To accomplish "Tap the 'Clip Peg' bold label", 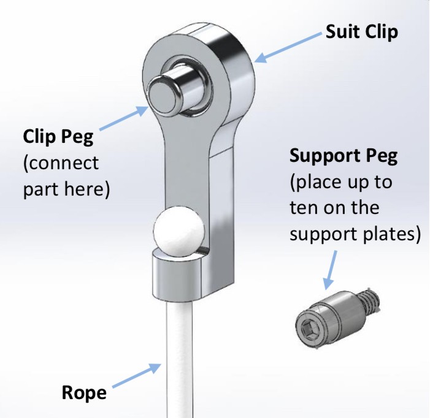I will (x=58, y=135).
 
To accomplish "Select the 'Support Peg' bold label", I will (x=344, y=156).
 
